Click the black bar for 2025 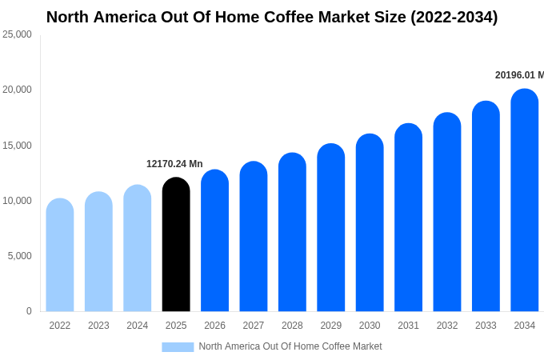click(x=176, y=245)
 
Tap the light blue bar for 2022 click(x=60, y=255)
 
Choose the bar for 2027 click(x=254, y=237)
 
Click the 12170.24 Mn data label click(x=174, y=164)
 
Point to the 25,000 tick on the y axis click(x=17, y=34)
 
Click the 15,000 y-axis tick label click(x=17, y=146)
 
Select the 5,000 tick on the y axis click(x=19, y=256)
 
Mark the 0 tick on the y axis click(x=29, y=311)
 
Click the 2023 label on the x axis click(x=98, y=326)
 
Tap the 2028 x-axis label click(x=292, y=326)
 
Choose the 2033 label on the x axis click(x=486, y=326)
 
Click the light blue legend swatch click(x=178, y=346)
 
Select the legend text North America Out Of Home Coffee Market click(x=290, y=346)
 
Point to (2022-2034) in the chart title click(x=454, y=17)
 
